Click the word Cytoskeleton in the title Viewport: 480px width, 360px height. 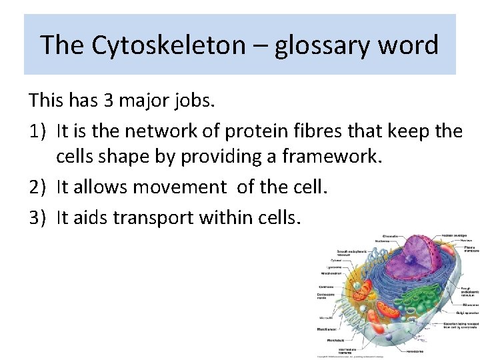coord(159,45)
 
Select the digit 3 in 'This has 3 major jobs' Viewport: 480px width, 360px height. coord(109,101)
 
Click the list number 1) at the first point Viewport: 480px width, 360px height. coord(38,131)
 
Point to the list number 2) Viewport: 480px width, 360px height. coord(38,188)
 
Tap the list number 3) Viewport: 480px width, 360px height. coord(38,217)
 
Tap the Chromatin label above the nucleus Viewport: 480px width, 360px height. coord(390,237)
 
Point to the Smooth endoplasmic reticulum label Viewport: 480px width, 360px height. coord(351,253)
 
